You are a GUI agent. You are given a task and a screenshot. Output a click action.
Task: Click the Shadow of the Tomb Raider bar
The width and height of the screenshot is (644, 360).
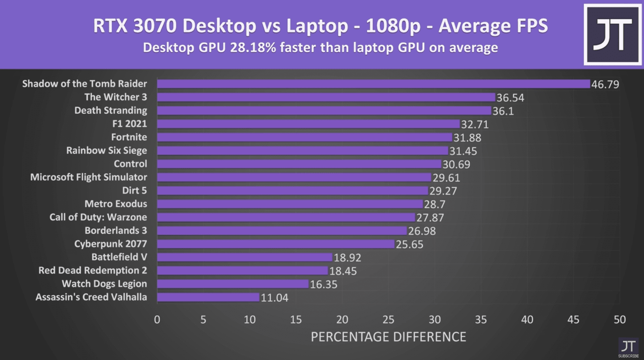click(x=373, y=84)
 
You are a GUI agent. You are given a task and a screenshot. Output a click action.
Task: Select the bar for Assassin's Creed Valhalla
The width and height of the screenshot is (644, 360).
click(x=208, y=297)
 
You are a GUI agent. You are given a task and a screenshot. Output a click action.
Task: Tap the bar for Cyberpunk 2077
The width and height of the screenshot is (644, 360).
click(x=276, y=244)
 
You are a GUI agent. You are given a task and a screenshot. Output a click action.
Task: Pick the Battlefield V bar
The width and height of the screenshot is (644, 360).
click(x=244, y=257)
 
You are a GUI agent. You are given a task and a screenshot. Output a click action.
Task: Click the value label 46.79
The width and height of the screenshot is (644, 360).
click(x=605, y=84)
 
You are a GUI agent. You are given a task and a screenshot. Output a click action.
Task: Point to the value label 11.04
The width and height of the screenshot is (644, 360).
click(x=274, y=298)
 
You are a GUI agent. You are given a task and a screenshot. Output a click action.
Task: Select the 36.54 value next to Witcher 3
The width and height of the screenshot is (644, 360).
click(x=510, y=98)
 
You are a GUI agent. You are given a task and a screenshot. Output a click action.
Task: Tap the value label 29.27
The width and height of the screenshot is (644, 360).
click(x=443, y=191)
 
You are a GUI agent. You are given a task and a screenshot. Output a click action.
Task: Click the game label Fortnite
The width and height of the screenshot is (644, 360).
click(x=129, y=137)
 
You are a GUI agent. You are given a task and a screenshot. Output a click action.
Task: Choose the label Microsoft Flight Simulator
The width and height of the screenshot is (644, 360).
click(x=88, y=177)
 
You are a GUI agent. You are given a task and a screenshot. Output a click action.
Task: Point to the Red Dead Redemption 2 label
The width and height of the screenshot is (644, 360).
click(x=92, y=270)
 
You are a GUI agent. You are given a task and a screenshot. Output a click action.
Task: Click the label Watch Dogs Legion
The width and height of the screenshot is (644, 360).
click(x=104, y=284)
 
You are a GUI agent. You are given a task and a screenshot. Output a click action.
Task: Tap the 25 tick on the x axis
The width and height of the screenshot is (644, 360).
click(x=388, y=320)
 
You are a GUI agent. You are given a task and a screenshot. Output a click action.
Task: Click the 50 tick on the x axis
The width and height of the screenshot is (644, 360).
click(x=619, y=320)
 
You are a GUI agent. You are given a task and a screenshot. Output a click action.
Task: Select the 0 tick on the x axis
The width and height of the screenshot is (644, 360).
click(x=157, y=320)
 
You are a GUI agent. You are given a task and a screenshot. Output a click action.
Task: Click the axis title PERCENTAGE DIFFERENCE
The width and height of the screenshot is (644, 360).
click(x=388, y=337)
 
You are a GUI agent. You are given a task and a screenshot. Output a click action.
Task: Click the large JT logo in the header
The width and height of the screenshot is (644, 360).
click(x=612, y=34)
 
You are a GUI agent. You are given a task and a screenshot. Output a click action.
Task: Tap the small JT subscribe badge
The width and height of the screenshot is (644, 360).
click(x=628, y=348)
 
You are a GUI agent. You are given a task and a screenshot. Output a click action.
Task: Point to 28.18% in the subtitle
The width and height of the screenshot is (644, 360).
click(x=253, y=48)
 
